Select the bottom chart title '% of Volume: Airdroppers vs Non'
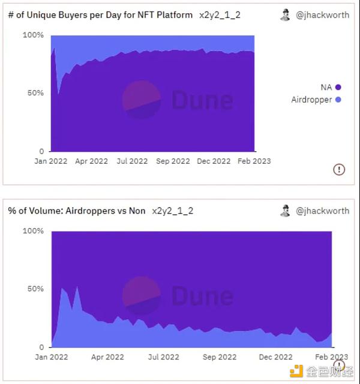77,211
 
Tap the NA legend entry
326,87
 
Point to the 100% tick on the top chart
33,35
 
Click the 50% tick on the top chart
35,93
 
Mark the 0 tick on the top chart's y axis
41,151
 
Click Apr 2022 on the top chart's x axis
91,161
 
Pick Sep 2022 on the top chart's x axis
173,161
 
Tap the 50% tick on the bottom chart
35,289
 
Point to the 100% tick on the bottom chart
33,231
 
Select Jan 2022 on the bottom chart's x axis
51,357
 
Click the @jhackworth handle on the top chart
322,15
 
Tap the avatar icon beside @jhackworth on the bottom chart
285,211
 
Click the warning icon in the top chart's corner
339,169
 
